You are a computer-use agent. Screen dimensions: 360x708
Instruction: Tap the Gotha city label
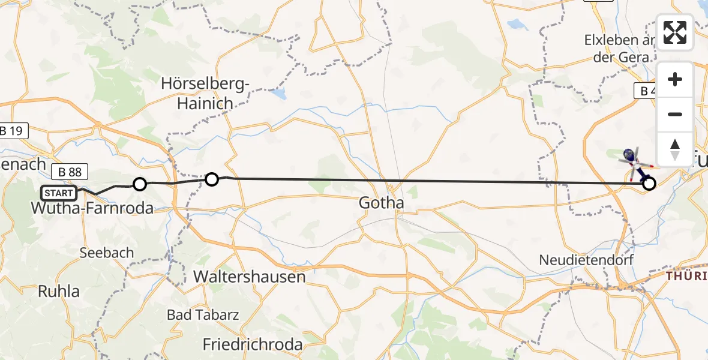[x=381, y=203]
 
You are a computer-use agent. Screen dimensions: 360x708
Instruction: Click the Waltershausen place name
[x=250, y=277]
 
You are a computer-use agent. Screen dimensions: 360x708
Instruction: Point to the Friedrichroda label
[x=253, y=345]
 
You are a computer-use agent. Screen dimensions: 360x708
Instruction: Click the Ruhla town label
[x=59, y=292]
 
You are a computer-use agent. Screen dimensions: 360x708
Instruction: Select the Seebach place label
[x=107, y=253]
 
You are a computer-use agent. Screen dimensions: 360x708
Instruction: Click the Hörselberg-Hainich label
[x=205, y=94]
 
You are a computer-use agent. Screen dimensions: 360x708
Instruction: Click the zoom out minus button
[x=675, y=114]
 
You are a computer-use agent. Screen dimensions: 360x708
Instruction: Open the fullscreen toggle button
[x=675, y=32]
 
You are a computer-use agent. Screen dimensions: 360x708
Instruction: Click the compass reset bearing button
[x=675, y=148]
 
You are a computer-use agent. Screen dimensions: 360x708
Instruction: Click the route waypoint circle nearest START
[x=139, y=184]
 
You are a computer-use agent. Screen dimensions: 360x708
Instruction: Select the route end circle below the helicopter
[x=649, y=184]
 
